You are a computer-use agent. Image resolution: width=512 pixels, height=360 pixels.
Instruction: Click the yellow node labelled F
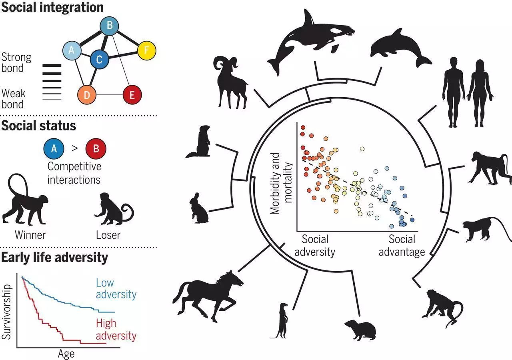tap(146, 51)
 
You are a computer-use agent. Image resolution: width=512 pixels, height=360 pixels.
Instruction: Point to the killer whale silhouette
tap(308, 40)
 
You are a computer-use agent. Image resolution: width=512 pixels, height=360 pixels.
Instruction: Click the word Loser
tap(108, 235)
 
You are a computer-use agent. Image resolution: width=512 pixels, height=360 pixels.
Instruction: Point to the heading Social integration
tap(52, 7)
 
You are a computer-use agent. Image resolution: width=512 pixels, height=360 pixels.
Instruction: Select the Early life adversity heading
tap(55, 258)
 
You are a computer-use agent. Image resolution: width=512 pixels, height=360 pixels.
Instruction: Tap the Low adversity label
tap(116, 289)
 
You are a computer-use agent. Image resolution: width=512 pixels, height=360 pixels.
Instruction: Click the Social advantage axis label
tap(402, 246)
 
